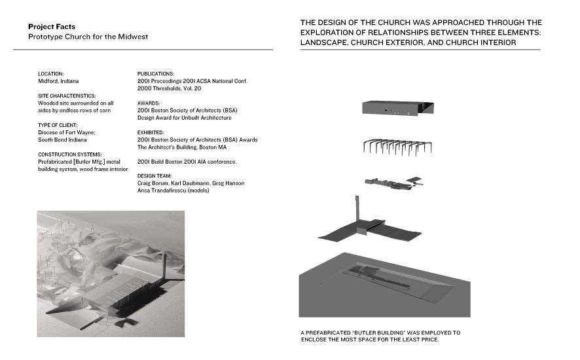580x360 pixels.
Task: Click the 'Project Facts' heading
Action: (x=52, y=27)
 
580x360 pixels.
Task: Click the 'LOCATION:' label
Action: (x=50, y=74)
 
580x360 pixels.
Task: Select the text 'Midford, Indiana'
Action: (x=58, y=81)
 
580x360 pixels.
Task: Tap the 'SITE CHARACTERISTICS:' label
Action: (x=67, y=96)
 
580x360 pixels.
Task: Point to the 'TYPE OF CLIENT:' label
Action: (x=58, y=125)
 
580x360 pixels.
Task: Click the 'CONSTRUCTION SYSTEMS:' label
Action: (x=70, y=154)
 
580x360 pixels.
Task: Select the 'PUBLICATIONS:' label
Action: (x=156, y=74)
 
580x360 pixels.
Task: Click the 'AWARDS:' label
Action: (x=149, y=103)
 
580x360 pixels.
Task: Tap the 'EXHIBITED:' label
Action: (x=151, y=132)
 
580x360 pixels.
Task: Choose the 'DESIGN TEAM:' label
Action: (x=154, y=175)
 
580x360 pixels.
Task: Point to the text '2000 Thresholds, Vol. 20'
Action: (x=169, y=88)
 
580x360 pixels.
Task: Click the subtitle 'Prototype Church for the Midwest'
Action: (x=88, y=37)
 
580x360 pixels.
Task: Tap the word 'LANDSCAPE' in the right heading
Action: (x=323, y=43)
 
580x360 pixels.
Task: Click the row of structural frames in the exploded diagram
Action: (x=397, y=147)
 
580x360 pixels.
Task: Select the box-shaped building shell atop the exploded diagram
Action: (x=397, y=108)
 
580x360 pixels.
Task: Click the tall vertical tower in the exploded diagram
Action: (x=357, y=209)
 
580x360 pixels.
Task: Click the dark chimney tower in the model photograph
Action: (x=164, y=266)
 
